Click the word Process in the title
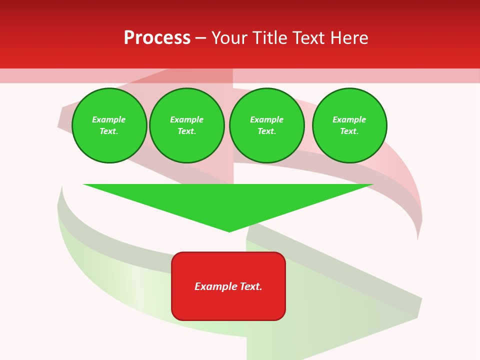157,38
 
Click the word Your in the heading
229,38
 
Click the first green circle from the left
109,125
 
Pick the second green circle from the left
187,125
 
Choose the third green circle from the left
267,125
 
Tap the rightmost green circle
349,125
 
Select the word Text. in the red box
251,286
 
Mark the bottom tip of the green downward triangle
229,231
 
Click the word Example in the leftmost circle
109,119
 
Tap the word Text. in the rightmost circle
349,131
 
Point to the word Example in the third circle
267,119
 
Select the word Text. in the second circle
187,131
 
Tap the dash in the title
200,38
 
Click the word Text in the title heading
309,38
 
